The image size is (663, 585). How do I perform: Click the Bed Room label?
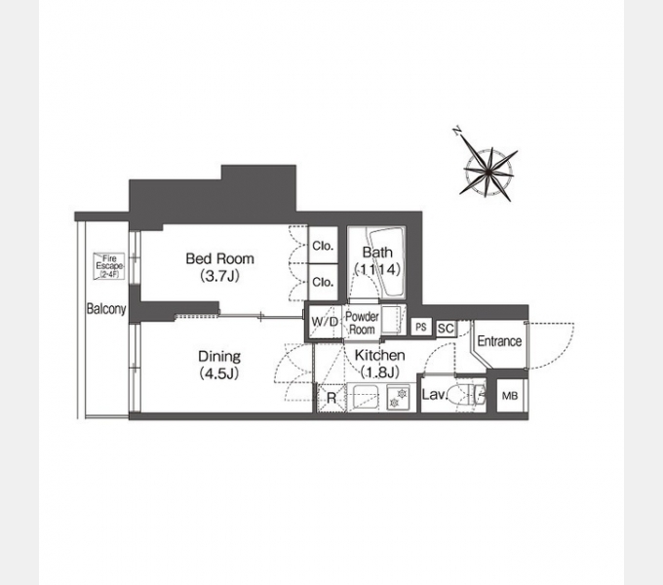219,258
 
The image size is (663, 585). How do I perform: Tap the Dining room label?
220,357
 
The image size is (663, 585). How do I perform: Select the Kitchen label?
379,356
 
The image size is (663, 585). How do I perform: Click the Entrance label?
499,341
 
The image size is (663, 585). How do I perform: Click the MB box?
510,396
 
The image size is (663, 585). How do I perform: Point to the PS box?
420,328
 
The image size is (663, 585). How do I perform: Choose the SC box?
446,328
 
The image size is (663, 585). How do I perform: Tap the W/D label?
324,322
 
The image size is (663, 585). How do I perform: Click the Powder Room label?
363,323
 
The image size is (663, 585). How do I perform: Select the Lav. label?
433,396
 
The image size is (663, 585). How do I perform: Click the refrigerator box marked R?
331,397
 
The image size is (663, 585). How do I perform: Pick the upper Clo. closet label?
323,246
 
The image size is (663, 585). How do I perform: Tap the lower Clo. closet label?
323,282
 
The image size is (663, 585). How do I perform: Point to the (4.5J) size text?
220,373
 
